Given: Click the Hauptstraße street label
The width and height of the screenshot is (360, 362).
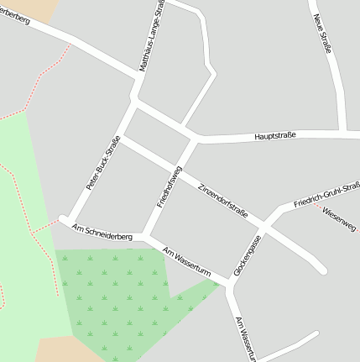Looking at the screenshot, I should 279,135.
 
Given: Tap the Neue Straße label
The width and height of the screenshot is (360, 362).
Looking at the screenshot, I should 322,34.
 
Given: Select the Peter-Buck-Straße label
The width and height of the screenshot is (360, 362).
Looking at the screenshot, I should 103,162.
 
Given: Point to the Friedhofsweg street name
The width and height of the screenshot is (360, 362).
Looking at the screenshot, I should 170,186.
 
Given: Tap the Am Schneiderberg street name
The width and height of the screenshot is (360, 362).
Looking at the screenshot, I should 103,233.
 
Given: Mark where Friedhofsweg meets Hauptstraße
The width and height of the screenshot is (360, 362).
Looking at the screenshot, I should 196,137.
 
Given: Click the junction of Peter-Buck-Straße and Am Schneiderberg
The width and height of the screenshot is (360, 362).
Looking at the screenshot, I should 63,220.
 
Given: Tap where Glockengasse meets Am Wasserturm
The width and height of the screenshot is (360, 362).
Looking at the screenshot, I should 229,284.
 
